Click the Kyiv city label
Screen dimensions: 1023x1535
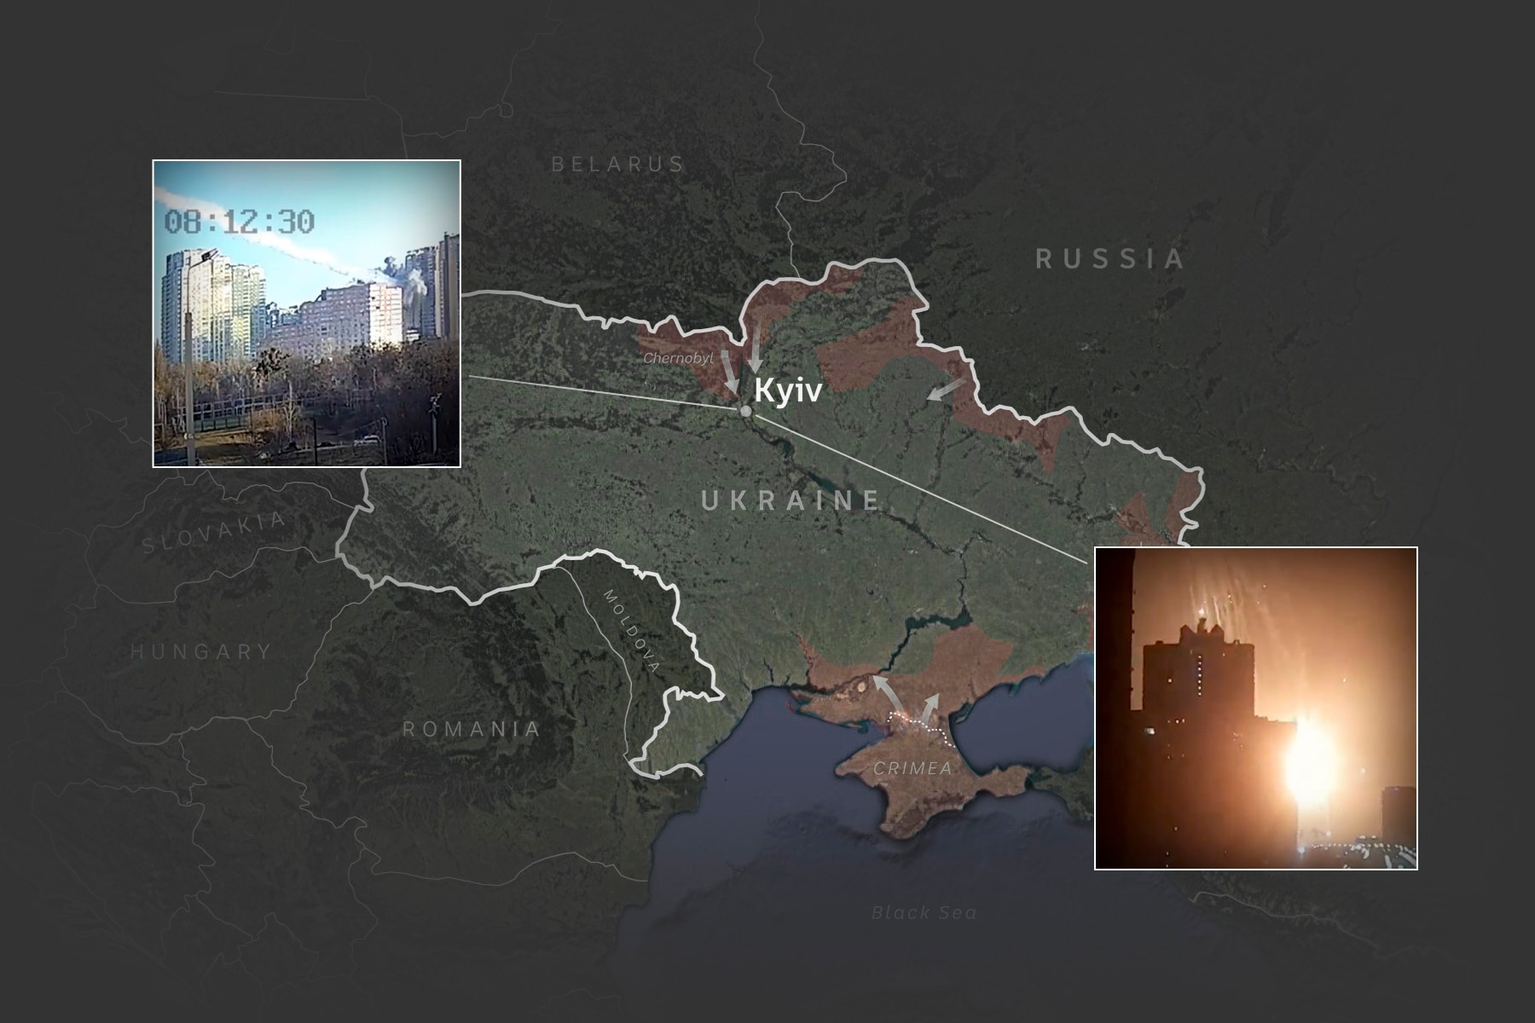(788, 391)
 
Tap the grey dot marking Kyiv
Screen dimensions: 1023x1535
(746, 412)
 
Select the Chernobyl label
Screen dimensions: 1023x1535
(678, 359)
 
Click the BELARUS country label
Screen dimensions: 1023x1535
(617, 164)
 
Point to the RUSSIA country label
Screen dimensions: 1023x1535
(1110, 258)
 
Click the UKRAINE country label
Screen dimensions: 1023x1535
(791, 500)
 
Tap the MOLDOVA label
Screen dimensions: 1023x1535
(631, 630)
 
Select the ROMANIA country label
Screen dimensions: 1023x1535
(472, 729)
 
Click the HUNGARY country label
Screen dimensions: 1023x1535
(201, 652)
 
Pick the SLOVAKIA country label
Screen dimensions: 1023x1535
(214, 534)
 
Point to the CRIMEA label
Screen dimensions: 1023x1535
(912, 768)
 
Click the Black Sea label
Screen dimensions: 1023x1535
(924, 913)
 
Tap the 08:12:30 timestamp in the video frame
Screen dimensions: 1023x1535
(239, 222)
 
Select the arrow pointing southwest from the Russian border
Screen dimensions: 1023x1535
(946, 390)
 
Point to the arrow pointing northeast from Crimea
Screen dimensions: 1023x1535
(929, 707)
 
